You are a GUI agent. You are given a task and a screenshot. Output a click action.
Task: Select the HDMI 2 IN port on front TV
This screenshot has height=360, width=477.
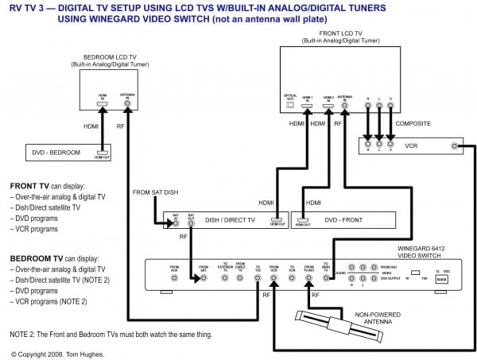(328, 104)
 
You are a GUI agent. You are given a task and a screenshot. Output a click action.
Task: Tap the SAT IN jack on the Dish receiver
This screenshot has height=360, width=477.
(176, 223)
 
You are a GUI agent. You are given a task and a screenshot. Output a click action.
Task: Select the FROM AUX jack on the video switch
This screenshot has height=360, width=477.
(174, 272)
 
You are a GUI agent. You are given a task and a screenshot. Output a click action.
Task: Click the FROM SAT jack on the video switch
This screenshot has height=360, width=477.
(204, 272)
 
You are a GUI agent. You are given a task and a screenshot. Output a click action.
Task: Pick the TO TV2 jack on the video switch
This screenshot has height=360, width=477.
(258, 272)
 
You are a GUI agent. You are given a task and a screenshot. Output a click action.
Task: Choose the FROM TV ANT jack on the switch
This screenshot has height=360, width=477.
(312, 272)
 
